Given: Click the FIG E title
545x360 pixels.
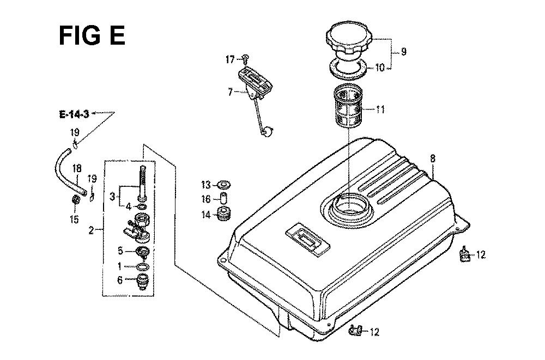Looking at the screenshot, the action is pos(92,35).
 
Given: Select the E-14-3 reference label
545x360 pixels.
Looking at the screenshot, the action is pos(74,114).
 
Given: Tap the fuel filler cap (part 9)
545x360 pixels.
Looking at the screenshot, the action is pos(349,39).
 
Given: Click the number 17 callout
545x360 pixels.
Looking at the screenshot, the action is pos(230,60).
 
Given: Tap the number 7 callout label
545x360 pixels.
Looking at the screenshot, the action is pos(230,92).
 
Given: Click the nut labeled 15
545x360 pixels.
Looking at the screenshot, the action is pos(75,200).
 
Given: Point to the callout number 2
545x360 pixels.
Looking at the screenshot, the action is pos(91,230).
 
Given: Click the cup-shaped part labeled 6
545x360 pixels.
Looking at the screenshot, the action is pos(143,282).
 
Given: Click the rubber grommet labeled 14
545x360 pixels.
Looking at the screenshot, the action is pos(223,214).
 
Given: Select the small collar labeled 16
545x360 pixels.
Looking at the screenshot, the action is pos(223,197).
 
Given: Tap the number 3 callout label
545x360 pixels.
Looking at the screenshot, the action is pos(112,197).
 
